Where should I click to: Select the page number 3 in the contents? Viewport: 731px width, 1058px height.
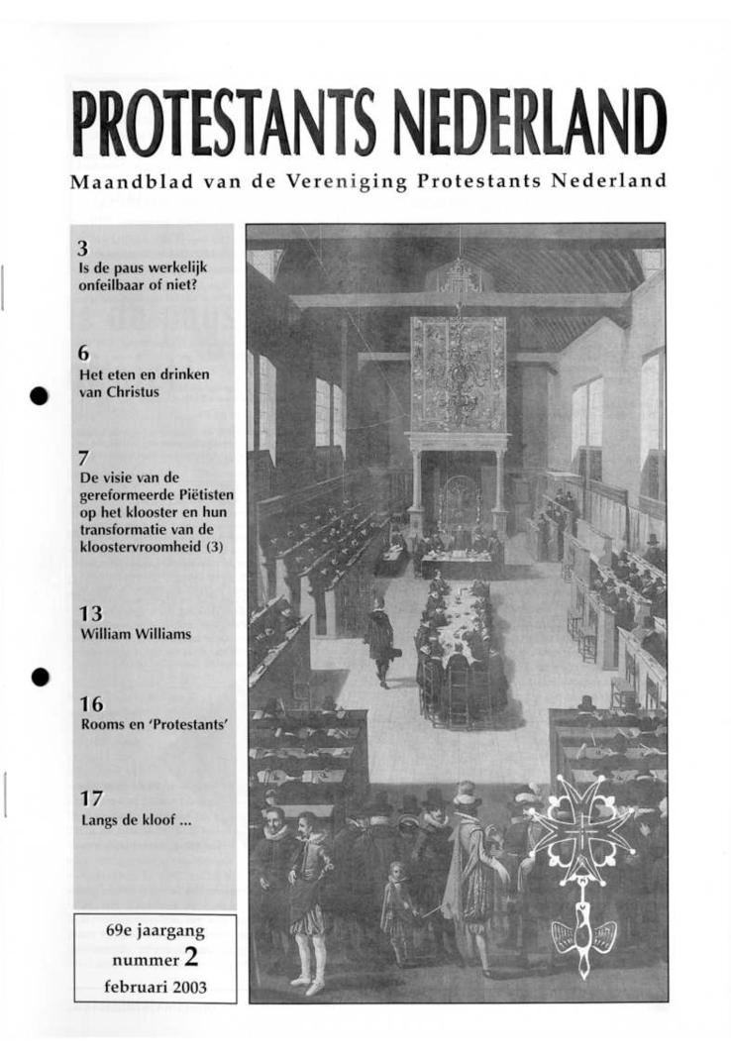[83, 249]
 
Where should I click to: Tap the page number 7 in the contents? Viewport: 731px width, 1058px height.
[84, 458]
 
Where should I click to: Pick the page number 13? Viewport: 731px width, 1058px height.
[90, 613]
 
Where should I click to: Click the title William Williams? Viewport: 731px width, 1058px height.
[135, 634]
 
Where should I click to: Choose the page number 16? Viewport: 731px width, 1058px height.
[91, 704]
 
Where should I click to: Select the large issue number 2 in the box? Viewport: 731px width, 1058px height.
[205, 958]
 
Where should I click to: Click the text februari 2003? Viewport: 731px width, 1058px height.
[155, 987]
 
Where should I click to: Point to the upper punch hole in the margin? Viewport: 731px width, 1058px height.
[39, 395]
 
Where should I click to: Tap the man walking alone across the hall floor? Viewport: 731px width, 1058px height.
[378, 639]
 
